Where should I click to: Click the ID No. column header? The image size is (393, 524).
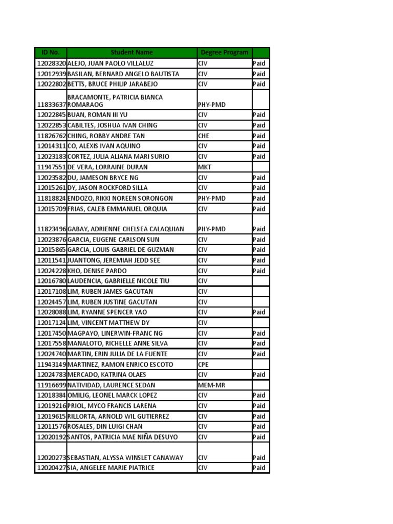[50, 52]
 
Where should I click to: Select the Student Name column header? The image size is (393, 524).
[132, 52]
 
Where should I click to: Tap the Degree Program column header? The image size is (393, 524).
[224, 52]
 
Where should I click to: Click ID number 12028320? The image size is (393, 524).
[51, 63]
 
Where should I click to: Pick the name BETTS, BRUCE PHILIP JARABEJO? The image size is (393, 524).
[113, 84]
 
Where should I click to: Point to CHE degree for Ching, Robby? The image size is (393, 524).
[204, 136]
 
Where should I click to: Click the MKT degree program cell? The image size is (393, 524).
[205, 167]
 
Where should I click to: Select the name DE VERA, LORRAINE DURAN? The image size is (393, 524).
[107, 167]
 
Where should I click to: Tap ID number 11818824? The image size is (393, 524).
[51, 199]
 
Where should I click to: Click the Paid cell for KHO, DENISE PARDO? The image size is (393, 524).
[259, 271]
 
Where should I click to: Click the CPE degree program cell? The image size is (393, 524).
[204, 364]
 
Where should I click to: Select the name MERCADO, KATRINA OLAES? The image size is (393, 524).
[106, 375]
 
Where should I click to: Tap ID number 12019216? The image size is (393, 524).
[51, 406]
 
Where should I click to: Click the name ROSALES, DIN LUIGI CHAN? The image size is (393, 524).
[105, 426]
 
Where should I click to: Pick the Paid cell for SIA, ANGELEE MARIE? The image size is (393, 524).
[259, 468]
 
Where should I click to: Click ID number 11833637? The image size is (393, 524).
[51, 104]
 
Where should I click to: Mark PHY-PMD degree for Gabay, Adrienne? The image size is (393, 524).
[211, 229]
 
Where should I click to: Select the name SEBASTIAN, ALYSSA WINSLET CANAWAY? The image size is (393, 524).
[125, 457]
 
